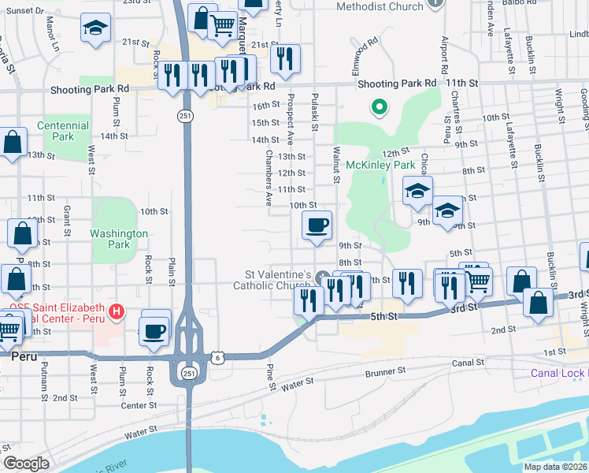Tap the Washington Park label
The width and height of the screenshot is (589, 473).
119,239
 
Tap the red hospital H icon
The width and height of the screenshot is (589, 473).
117,312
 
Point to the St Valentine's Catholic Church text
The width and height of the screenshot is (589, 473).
279,279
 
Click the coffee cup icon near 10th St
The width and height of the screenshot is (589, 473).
317,226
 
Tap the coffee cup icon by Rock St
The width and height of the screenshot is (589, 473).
154,330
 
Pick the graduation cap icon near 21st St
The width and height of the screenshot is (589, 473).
95,28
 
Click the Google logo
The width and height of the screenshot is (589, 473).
26,464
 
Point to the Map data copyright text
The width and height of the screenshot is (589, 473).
555,467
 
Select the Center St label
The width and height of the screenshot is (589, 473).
140,405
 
